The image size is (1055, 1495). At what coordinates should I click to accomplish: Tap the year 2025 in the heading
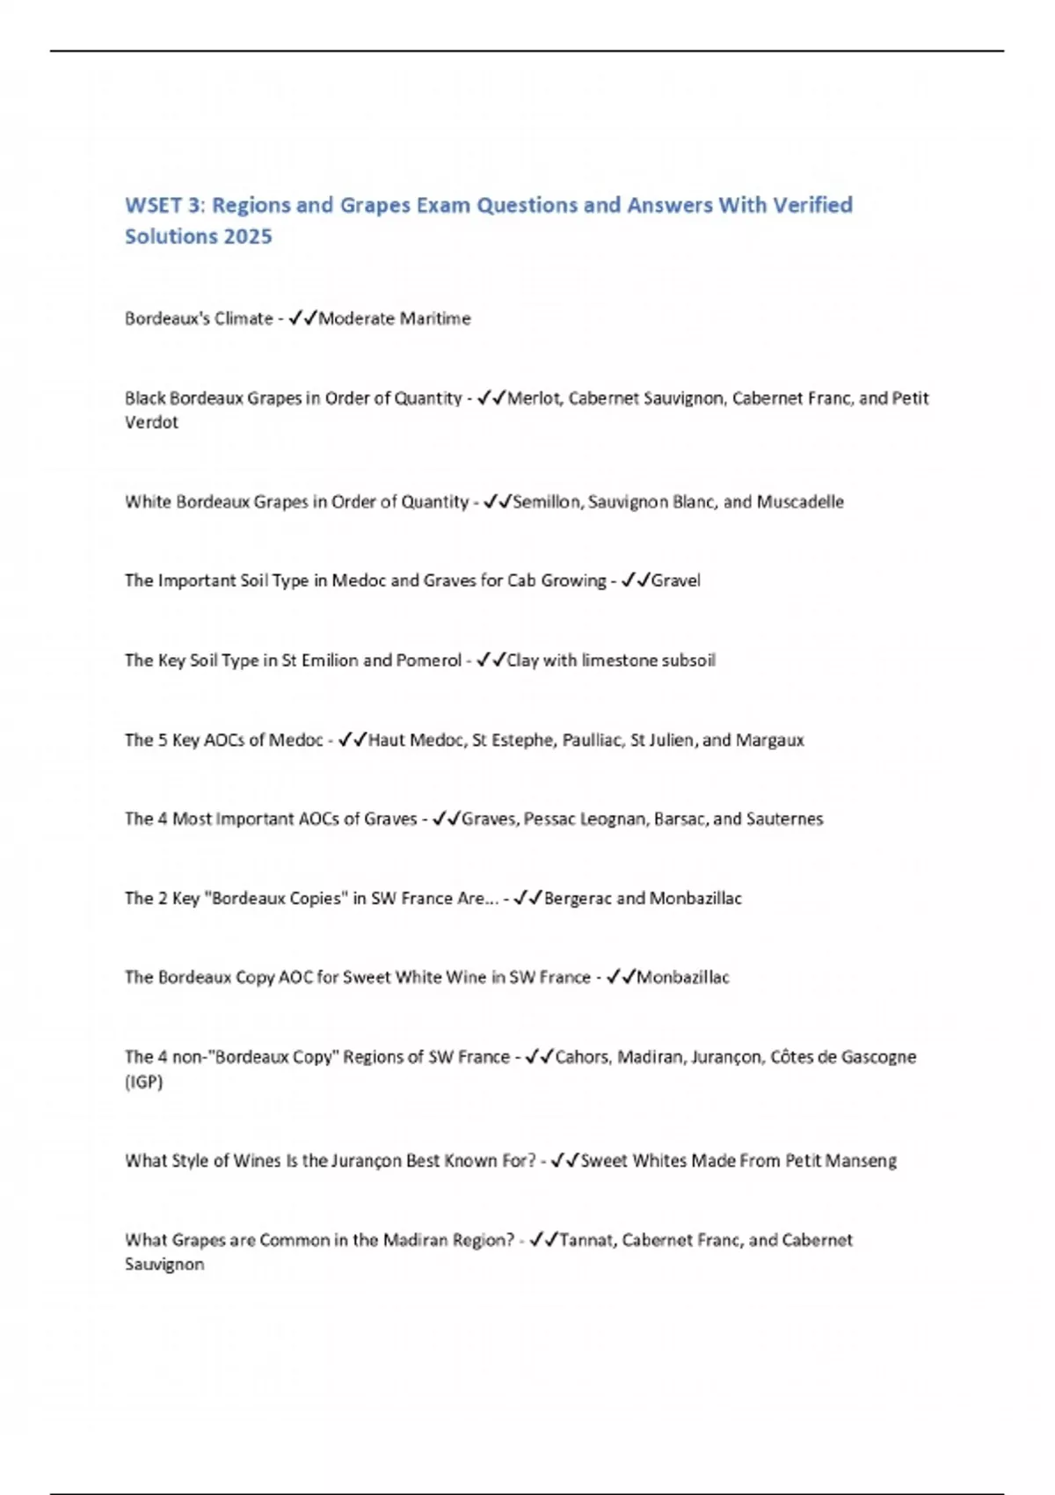249,237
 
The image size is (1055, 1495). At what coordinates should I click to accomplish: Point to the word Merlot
534,398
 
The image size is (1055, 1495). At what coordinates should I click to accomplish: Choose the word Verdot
151,422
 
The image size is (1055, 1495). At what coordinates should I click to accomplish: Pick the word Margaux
770,740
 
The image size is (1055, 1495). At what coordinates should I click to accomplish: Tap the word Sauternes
784,819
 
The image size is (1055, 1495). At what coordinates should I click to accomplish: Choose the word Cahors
581,1057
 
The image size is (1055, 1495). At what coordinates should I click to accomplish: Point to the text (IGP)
144,1082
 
